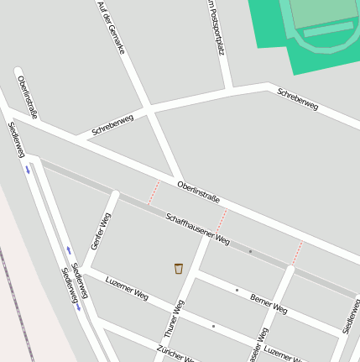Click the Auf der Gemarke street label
click(111, 27)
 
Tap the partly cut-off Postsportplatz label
click(216, 27)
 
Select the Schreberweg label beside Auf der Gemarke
click(112, 124)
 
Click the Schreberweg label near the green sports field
click(298, 99)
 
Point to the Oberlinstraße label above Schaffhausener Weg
click(198, 191)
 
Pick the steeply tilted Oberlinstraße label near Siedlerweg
click(27, 97)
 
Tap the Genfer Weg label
click(100, 231)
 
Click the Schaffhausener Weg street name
click(197, 228)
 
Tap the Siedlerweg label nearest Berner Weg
click(352, 316)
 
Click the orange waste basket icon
click(179, 268)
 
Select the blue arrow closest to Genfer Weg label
click(69, 249)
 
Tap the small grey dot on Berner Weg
click(237, 291)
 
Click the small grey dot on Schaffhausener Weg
click(250, 251)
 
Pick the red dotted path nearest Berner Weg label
click(297, 253)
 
